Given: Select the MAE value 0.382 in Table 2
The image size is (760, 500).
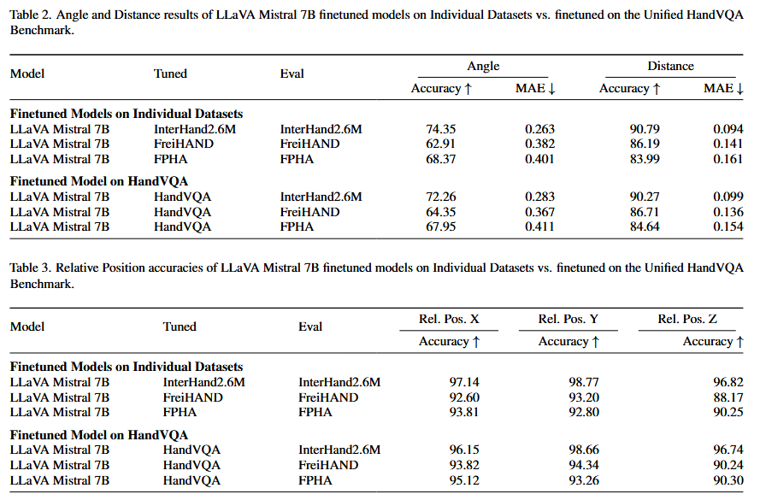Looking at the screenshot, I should pyautogui.click(x=539, y=144).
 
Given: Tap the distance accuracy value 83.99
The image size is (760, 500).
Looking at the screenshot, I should pyautogui.click(x=641, y=158).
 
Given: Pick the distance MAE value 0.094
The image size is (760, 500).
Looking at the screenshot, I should pyautogui.click(x=728, y=129).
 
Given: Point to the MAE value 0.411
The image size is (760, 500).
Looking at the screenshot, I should pyautogui.click(x=539, y=226).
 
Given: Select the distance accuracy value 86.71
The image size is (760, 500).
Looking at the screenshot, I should pyautogui.click(x=641, y=212).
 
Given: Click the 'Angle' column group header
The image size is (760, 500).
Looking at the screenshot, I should pyautogui.click(x=483, y=66).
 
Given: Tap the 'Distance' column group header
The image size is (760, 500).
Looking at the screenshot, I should pyautogui.click(x=670, y=66).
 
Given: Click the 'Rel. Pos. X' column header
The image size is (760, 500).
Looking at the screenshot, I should pyautogui.click(x=449, y=319).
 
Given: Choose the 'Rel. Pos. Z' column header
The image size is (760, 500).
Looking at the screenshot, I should pyautogui.click(x=687, y=319).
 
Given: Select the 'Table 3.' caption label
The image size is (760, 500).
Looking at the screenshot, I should pyautogui.click(x=31, y=268).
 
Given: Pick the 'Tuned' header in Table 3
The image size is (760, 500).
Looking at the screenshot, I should pyautogui.click(x=180, y=326).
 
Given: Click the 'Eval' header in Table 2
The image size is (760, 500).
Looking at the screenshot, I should pyautogui.click(x=292, y=74).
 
